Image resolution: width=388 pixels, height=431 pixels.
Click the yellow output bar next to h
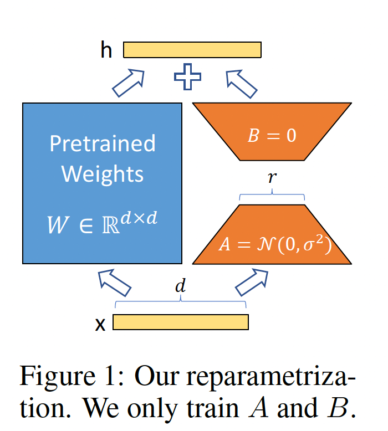[192, 50]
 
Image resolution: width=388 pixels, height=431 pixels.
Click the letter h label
[106, 50]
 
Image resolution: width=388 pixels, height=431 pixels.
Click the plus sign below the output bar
[187, 77]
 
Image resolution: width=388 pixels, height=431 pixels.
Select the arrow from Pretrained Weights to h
[128, 83]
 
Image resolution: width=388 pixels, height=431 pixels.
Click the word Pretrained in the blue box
[103, 143]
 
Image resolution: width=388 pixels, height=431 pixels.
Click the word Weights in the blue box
[103, 173]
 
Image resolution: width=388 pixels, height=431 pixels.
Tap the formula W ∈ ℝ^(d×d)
[103, 225]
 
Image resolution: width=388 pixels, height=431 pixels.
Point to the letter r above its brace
[272, 178]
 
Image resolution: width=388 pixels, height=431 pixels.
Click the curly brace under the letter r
[272, 195]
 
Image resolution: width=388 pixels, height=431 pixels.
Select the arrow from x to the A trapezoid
[252, 282]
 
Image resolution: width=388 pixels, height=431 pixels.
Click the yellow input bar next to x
[181, 322]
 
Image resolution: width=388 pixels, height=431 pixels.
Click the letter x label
[100, 324]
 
